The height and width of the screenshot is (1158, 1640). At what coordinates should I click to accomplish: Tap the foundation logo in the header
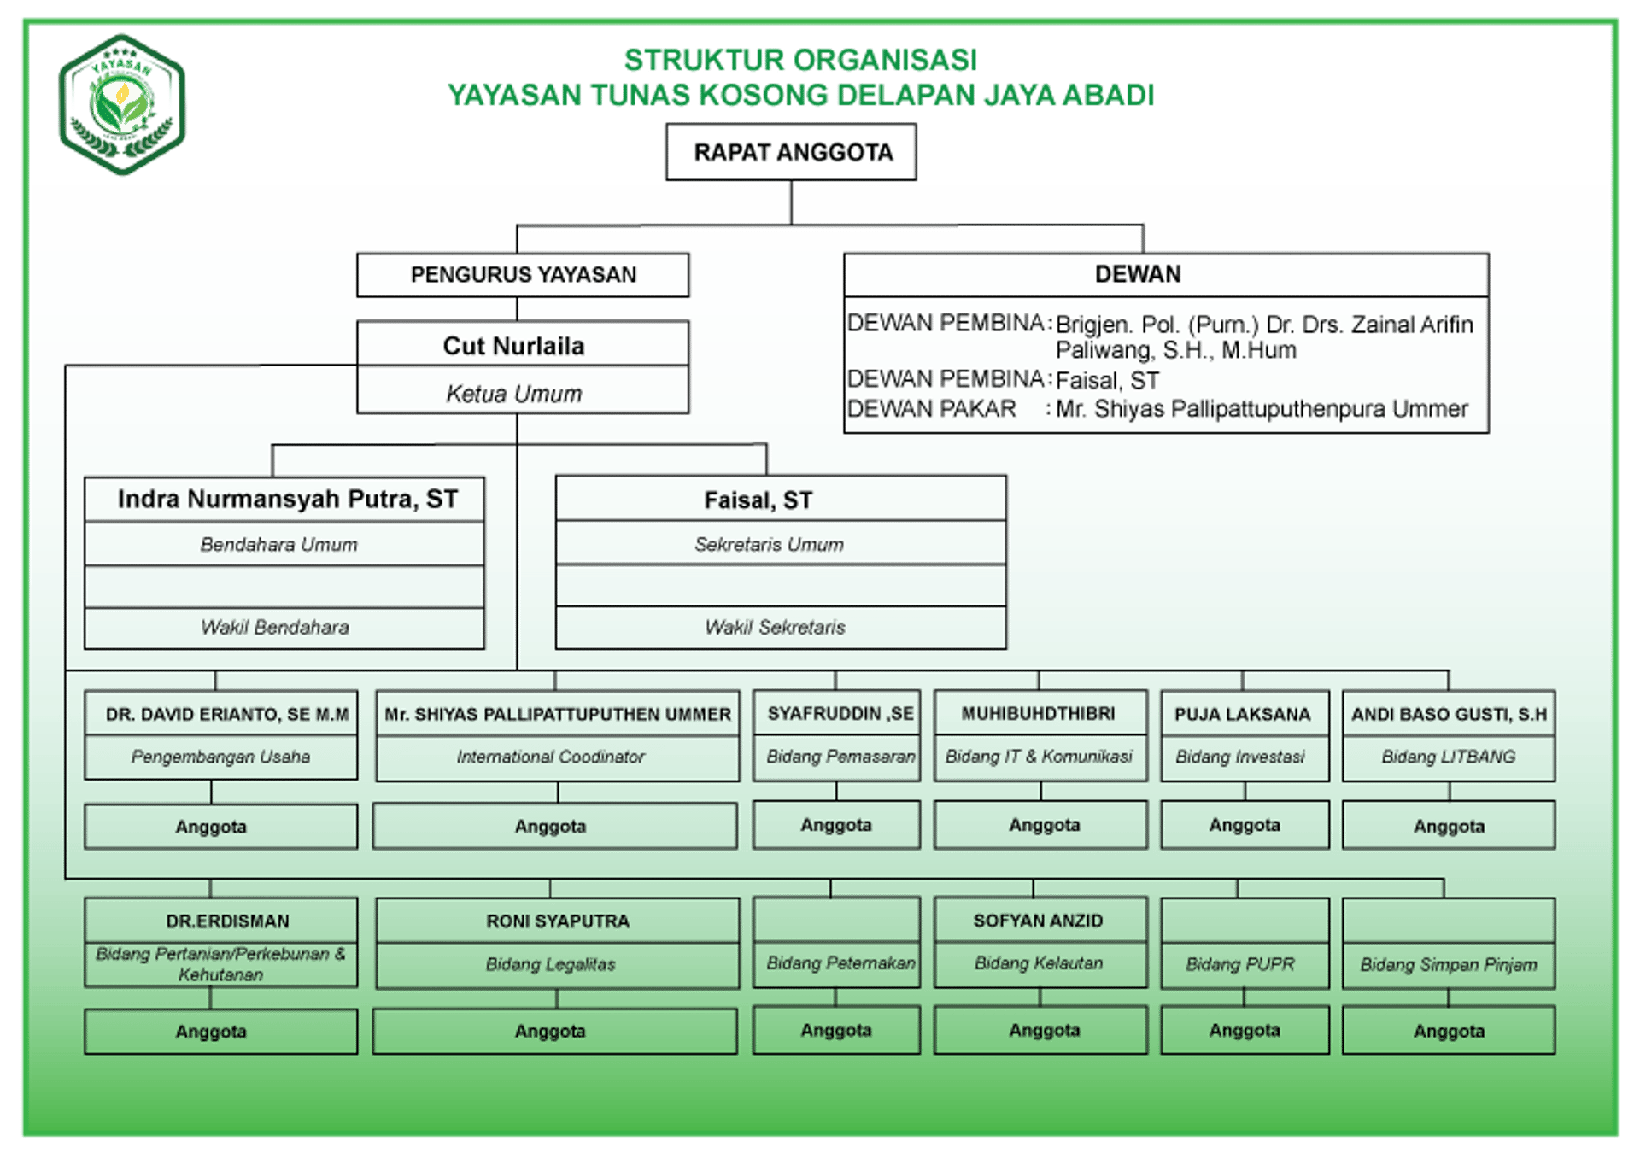point(123,105)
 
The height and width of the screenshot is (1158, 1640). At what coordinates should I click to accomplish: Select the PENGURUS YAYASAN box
point(523,275)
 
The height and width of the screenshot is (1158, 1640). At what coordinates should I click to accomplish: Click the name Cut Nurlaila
point(514,346)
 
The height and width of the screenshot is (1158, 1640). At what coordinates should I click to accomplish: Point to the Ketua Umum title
point(514,394)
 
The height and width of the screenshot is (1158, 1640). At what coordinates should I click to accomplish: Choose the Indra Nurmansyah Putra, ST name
point(287,500)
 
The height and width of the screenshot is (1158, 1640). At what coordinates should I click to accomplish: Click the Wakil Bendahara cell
point(275,628)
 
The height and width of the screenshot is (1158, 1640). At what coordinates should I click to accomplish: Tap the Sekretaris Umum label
point(769,545)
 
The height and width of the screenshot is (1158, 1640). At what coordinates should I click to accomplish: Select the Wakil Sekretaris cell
point(775,628)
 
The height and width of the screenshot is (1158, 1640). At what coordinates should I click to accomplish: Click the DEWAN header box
point(1138,274)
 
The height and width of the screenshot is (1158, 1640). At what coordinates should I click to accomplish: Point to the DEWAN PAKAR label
point(932,409)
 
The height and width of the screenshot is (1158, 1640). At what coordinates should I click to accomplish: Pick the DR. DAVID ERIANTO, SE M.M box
point(227,715)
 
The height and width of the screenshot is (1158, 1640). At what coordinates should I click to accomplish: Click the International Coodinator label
point(551,757)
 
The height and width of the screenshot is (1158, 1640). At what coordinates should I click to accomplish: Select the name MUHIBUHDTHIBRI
point(1038,714)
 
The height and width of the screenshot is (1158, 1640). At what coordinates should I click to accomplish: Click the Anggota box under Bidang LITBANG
point(1449,826)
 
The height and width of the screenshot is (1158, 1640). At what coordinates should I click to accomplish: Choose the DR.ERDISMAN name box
point(227,921)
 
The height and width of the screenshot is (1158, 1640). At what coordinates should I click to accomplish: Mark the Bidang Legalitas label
point(551,964)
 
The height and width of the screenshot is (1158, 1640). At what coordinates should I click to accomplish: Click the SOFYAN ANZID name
point(1038,921)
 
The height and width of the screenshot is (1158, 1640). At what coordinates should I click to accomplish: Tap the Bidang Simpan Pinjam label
point(1449,965)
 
